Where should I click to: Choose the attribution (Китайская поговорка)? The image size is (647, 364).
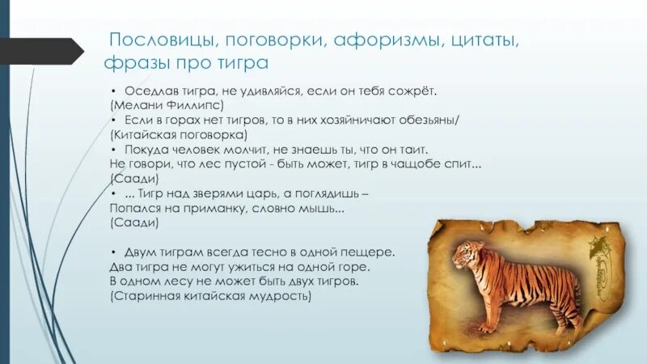[179, 134]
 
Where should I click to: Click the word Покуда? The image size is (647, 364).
[148, 150]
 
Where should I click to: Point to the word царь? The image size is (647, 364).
[261, 193]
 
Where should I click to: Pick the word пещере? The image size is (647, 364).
[370, 252]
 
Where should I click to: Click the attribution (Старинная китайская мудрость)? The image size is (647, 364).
[210, 297]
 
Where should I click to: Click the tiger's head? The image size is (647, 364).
[465, 255]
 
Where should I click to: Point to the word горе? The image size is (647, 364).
[355, 267]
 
